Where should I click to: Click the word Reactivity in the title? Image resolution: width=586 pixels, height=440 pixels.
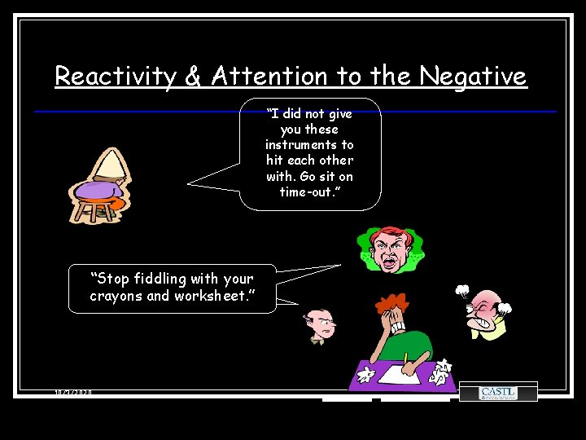116,77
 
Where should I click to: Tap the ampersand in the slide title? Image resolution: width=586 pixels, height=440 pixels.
193,77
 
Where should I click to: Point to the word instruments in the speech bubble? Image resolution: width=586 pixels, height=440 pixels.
309,145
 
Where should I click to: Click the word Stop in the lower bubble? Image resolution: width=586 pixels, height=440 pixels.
109,279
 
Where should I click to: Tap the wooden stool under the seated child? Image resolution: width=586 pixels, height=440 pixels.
96,210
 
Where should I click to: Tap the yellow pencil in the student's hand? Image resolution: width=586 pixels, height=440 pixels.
405,357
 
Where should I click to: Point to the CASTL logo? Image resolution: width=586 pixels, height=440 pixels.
498,393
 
